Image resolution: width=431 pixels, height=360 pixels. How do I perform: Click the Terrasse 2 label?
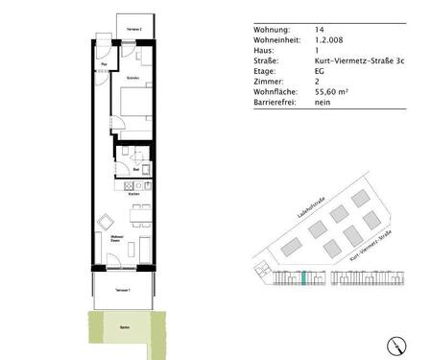pos(133,31)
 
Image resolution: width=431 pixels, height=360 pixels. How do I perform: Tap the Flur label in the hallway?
pos(105,64)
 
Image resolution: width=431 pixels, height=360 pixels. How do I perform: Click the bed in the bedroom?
pos(134,104)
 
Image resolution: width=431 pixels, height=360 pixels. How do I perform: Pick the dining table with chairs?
pos(137,212)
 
